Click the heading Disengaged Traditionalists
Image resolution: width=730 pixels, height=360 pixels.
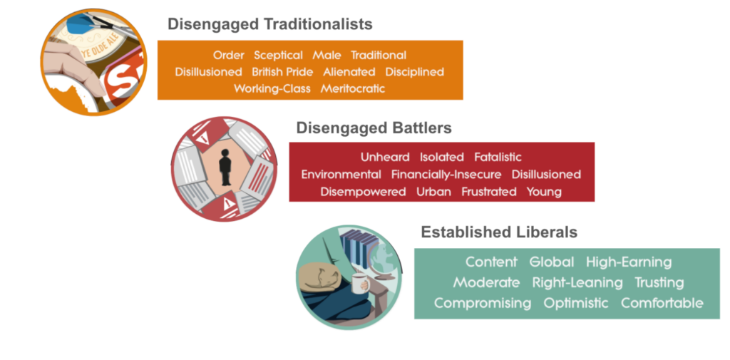[270, 24]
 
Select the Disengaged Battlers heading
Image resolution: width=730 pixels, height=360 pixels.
[374, 128]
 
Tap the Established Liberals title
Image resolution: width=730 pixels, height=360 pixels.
[499, 232]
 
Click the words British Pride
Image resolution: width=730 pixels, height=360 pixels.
[282, 72]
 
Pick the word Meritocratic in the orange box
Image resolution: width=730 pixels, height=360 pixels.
[353, 88]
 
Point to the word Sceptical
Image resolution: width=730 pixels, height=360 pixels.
[279, 56]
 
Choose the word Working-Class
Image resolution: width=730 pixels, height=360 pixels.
[272, 88]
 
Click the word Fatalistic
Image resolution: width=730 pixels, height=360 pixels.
[498, 158]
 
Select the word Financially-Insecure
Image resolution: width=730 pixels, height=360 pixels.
[446, 175]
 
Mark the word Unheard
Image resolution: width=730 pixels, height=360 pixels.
[385, 158]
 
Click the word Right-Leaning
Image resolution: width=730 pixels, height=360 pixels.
[577, 283]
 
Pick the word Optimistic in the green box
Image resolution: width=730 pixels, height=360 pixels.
[576, 303]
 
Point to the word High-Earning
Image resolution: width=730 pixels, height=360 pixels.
[629, 262]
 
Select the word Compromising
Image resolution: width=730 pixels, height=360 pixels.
[483, 304]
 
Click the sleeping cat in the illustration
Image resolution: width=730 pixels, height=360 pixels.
[320, 279]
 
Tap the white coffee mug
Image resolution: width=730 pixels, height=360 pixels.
[359, 284]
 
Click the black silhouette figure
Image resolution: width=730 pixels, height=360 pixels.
[225, 168]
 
